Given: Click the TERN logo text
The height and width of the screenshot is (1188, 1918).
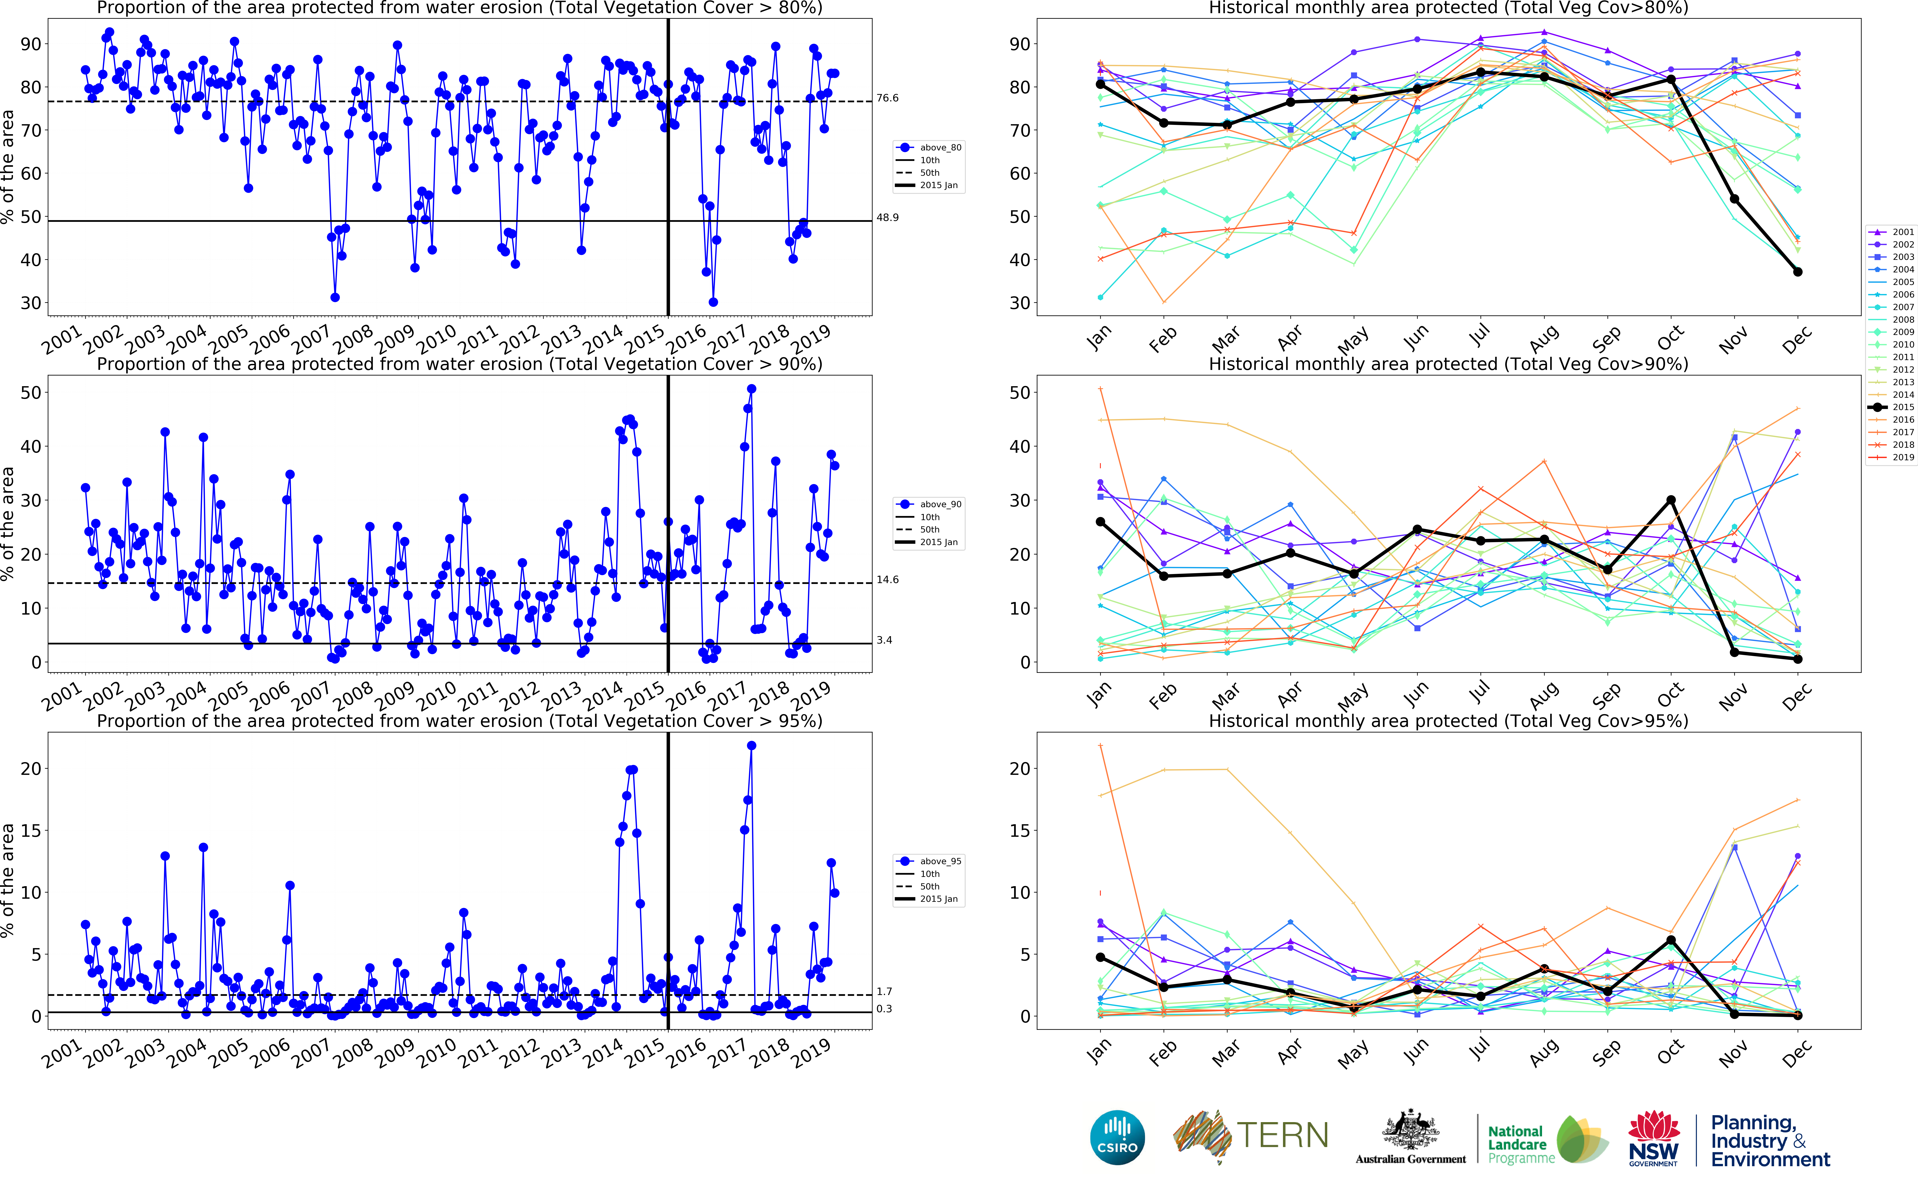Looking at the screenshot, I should [1282, 1135].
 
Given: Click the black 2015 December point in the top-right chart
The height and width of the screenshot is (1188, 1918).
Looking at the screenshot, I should [1798, 272].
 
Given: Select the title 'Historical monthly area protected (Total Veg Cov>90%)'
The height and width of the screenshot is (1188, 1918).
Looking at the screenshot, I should [1448, 364].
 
